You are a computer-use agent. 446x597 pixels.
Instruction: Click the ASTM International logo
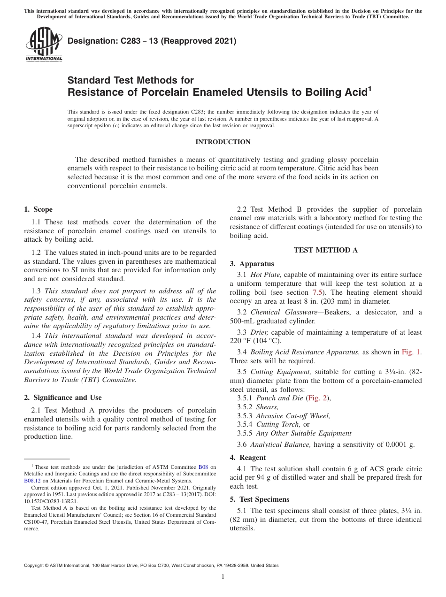(x=44, y=45)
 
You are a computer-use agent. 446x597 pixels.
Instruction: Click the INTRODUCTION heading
(x=223, y=142)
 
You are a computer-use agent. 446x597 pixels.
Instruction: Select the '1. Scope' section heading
(x=38, y=209)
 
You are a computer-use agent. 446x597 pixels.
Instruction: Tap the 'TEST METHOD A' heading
(x=325, y=250)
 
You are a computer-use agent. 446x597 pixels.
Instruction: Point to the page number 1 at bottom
(x=223, y=577)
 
